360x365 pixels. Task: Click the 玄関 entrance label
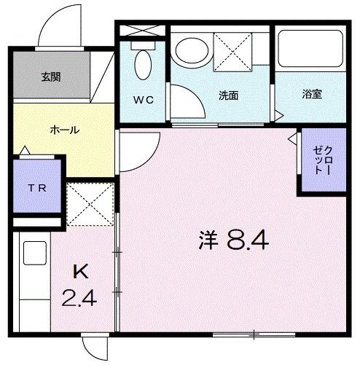(x=50, y=76)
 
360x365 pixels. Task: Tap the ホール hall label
(x=64, y=130)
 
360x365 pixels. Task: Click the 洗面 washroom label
(x=228, y=95)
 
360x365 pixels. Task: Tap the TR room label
(x=36, y=188)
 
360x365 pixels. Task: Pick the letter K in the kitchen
(x=81, y=272)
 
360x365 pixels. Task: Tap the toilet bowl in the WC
(x=143, y=66)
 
